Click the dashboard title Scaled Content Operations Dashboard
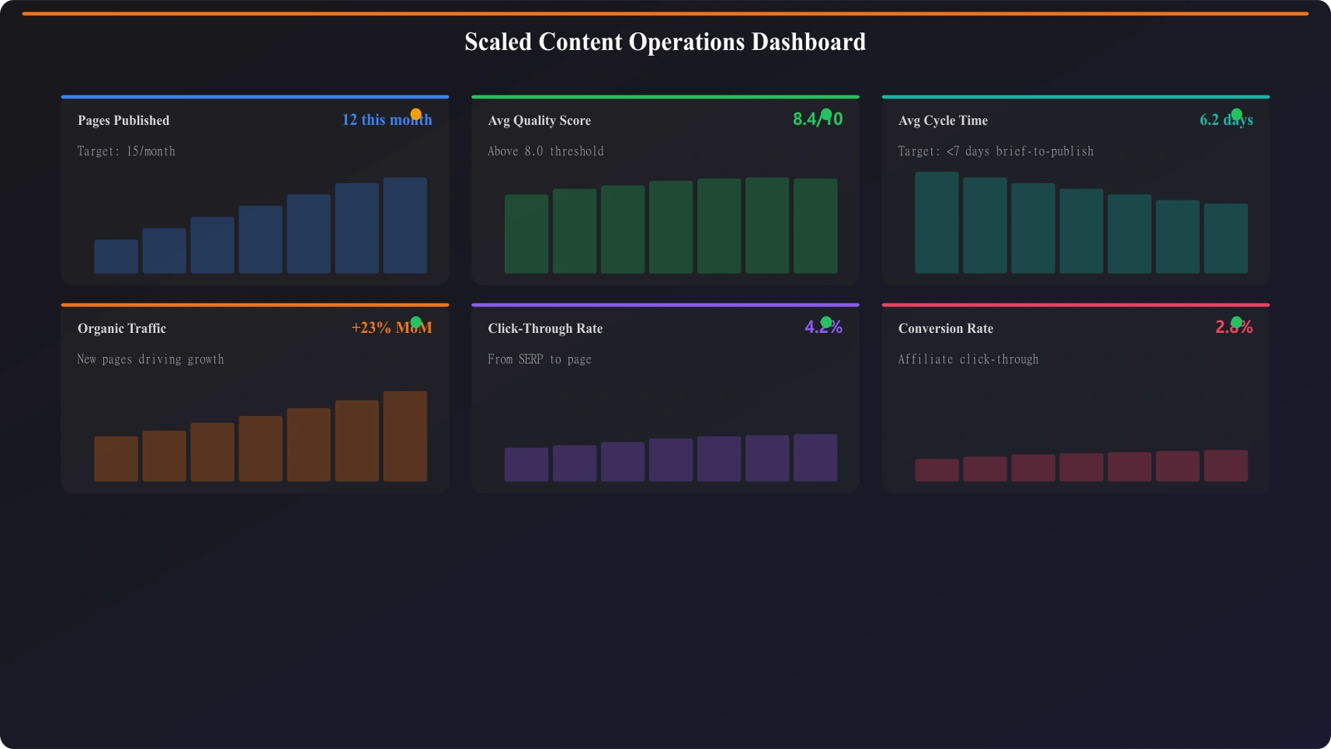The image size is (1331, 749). click(665, 42)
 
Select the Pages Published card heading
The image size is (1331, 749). click(123, 121)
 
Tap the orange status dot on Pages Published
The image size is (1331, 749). click(416, 114)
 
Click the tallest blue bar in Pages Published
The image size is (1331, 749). click(405, 226)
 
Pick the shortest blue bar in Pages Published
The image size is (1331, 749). click(116, 256)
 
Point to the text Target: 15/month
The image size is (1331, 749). click(126, 151)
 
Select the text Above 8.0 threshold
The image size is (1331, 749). click(546, 151)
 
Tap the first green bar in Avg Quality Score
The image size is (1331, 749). click(526, 234)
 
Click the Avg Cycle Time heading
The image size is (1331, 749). click(943, 121)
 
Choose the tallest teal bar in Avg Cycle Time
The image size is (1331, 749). click(937, 223)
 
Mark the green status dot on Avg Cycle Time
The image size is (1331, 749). click(1236, 114)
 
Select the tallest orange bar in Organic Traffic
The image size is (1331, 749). click(405, 436)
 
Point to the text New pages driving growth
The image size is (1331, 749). click(151, 360)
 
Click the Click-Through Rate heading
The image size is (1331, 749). click(545, 329)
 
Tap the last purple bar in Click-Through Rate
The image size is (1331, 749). click(815, 458)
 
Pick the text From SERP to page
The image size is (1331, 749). click(539, 360)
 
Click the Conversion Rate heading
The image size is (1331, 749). click(945, 329)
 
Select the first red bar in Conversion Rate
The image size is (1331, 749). click(937, 470)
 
